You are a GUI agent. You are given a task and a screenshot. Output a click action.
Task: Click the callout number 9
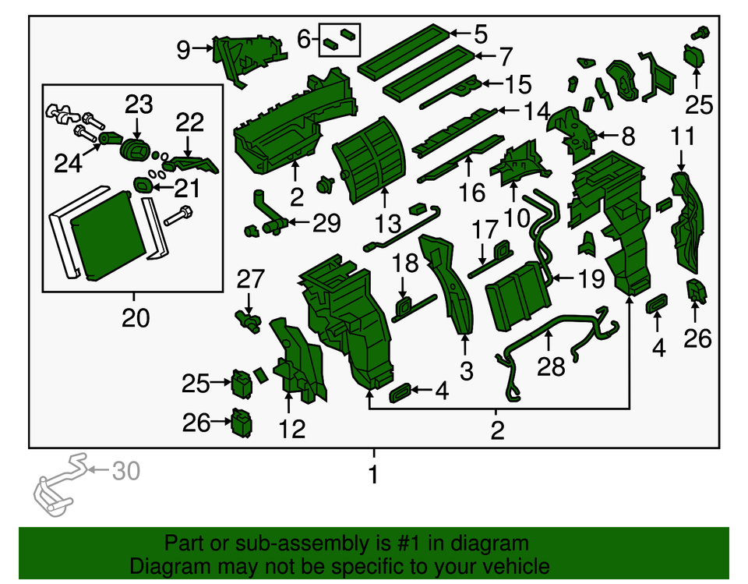click(x=184, y=49)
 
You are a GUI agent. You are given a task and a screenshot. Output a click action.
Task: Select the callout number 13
click(x=388, y=224)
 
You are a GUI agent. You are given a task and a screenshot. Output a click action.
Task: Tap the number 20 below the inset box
click(x=136, y=317)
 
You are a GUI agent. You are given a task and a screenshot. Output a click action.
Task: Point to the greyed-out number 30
click(x=126, y=471)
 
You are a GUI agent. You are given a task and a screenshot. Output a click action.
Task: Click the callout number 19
click(x=591, y=279)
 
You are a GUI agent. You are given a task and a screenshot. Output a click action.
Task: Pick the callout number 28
click(x=551, y=367)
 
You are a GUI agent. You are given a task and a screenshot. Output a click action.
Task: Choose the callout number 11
click(x=683, y=136)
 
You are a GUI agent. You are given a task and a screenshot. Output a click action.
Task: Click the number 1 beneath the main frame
click(x=373, y=474)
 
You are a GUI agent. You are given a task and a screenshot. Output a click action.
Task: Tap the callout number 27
click(x=250, y=279)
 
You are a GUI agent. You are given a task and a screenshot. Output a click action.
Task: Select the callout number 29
click(x=326, y=223)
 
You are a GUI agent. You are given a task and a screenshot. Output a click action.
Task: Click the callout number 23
click(x=139, y=104)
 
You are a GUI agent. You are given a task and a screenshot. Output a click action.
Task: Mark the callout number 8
click(x=628, y=136)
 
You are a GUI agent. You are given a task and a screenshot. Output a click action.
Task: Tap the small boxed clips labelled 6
click(x=340, y=40)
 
